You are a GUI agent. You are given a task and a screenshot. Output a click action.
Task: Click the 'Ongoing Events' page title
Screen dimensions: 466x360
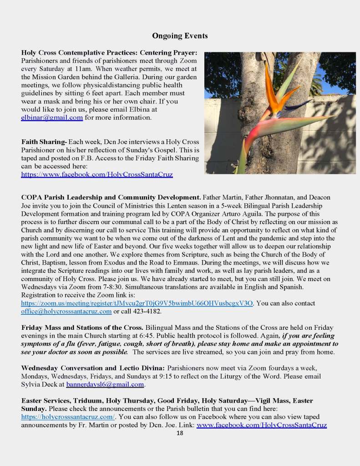[180, 36]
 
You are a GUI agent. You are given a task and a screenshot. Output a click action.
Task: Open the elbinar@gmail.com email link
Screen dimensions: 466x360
[52, 117]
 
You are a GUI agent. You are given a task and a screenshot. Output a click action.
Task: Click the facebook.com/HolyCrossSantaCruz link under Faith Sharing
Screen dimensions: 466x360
[96, 174]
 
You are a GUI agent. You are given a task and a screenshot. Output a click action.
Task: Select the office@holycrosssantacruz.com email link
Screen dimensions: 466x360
[66, 312]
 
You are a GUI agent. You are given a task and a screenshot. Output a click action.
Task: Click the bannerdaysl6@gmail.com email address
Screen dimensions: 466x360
[105, 384]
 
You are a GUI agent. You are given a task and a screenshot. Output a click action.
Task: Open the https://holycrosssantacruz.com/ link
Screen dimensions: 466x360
[68, 416]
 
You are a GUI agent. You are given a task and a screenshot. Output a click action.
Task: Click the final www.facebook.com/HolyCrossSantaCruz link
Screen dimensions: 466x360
[261, 425]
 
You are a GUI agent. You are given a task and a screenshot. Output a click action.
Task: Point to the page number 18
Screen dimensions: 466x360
[180, 433]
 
